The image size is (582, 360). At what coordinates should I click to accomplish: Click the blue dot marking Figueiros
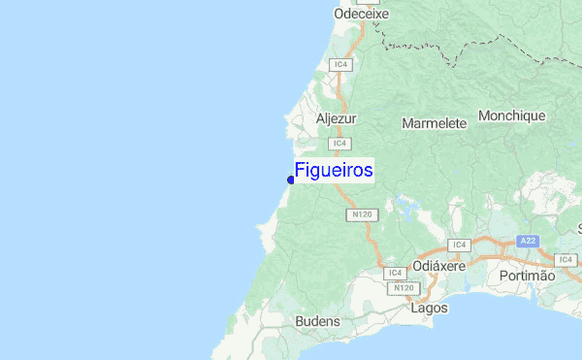click(291, 180)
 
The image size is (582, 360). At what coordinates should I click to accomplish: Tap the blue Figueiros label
click(334, 171)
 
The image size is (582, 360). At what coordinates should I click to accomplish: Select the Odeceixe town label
click(361, 15)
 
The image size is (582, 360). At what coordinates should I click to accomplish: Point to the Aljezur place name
click(337, 119)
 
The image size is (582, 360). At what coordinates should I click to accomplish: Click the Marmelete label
click(434, 123)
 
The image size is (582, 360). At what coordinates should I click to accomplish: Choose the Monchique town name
click(512, 115)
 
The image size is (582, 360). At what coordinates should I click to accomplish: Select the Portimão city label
click(527, 276)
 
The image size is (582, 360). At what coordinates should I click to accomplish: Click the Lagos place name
click(430, 309)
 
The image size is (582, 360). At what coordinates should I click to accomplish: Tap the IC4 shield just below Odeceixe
click(339, 64)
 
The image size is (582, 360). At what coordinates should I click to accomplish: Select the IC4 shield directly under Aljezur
click(339, 144)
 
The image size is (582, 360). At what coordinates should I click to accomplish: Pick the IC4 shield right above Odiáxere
click(459, 245)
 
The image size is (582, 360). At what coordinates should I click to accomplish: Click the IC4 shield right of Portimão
click(566, 259)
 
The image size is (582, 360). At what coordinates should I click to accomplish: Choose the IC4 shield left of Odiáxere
click(393, 274)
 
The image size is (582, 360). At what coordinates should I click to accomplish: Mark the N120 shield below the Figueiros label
click(362, 214)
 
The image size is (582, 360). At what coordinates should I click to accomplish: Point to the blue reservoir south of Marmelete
click(402, 204)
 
